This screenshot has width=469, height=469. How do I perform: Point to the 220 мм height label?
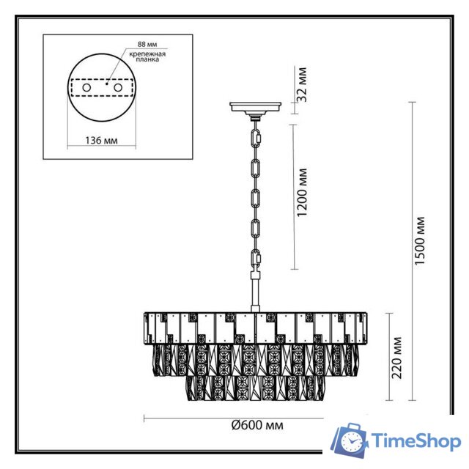click(396, 358)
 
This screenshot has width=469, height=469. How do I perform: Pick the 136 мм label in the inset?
click(101, 140)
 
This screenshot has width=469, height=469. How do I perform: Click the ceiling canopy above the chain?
click(256, 108)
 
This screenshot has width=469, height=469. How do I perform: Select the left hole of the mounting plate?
click(86, 88)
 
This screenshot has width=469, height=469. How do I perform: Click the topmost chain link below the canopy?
click(256, 136)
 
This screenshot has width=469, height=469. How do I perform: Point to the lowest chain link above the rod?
click(256, 258)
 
